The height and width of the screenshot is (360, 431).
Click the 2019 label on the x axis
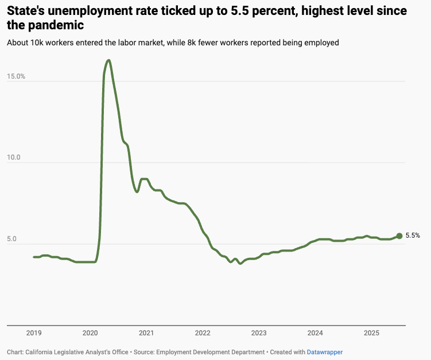[34, 334]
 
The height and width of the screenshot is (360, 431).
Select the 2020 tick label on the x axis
[90, 334]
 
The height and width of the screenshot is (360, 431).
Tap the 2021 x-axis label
[146, 334]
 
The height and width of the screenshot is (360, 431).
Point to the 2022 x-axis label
[203, 334]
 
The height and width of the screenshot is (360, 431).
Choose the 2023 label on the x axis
[259, 334]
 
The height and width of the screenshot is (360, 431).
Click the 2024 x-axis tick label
[315, 334]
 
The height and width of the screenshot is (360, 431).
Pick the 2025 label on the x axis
[371, 334]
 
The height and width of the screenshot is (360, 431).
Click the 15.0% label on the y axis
[16, 76]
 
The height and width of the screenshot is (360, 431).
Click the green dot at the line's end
[399, 235]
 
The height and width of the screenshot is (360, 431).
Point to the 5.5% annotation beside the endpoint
[413, 235]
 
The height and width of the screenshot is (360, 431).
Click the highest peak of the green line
[108, 60]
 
